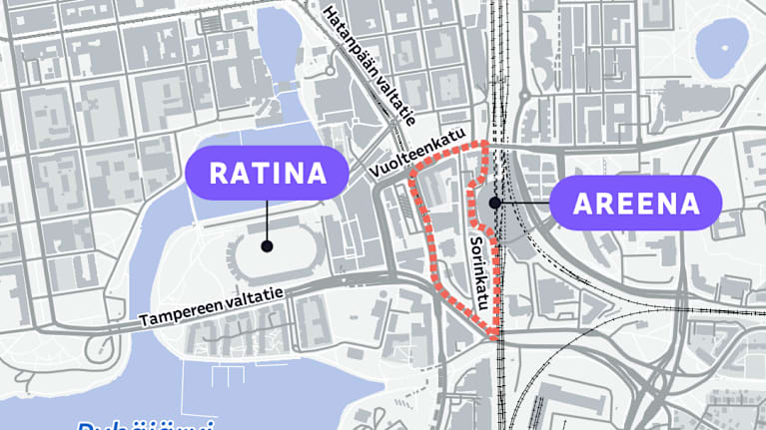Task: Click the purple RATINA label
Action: (267, 173)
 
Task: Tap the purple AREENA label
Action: (636, 204)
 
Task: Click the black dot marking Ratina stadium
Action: (267, 245)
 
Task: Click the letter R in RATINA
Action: (217, 174)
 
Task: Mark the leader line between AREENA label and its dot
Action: (524, 204)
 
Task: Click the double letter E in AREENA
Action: (636, 205)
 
